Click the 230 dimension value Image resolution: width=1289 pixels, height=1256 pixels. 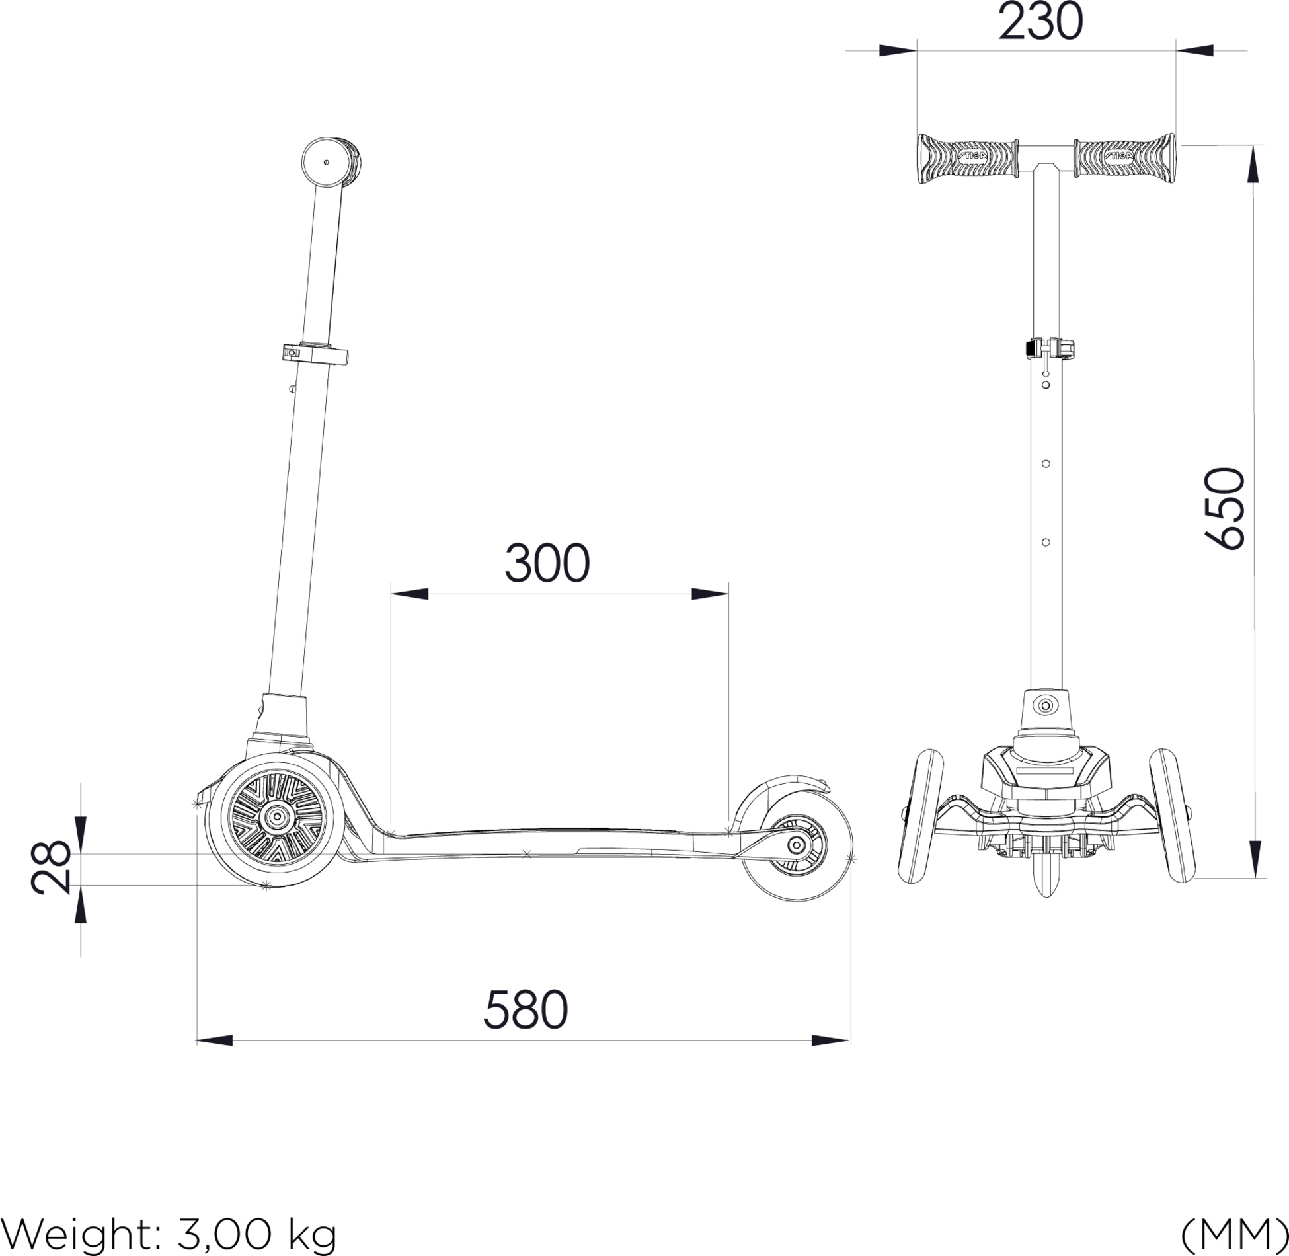pyautogui.click(x=1040, y=22)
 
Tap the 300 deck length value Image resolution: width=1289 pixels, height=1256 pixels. pyautogui.click(x=547, y=564)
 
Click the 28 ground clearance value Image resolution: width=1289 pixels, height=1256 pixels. pyautogui.click(x=51, y=867)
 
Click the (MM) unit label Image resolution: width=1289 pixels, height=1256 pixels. pyautogui.click(x=1233, y=1234)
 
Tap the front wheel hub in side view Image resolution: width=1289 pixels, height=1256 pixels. pyautogui.click(x=276, y=818)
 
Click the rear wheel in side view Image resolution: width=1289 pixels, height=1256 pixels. pyautogui.click(x=795, y=846)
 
